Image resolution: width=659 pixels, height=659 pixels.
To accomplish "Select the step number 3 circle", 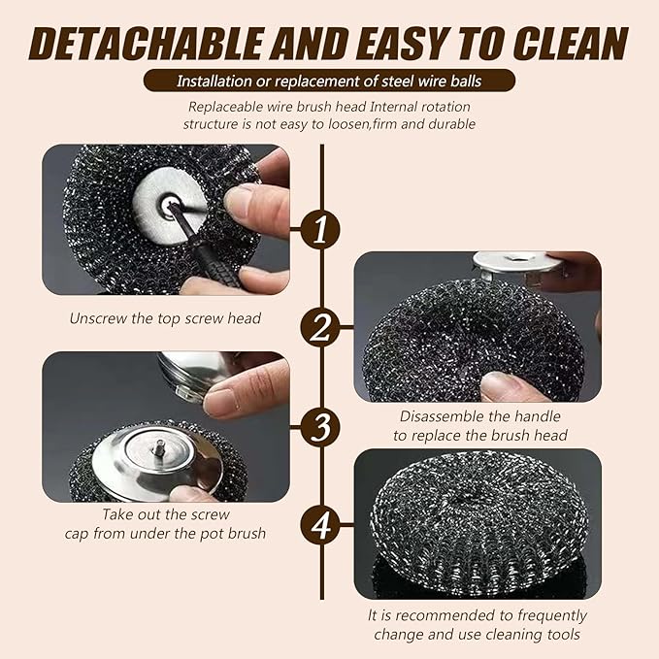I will tap(320, 427).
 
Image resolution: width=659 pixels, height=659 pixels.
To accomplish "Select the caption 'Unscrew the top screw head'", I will tap(165, 317).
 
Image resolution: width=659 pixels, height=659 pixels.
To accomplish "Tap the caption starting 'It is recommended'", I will tap(477, 615).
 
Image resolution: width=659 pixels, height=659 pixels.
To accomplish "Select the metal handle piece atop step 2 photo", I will tap(514, 263).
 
